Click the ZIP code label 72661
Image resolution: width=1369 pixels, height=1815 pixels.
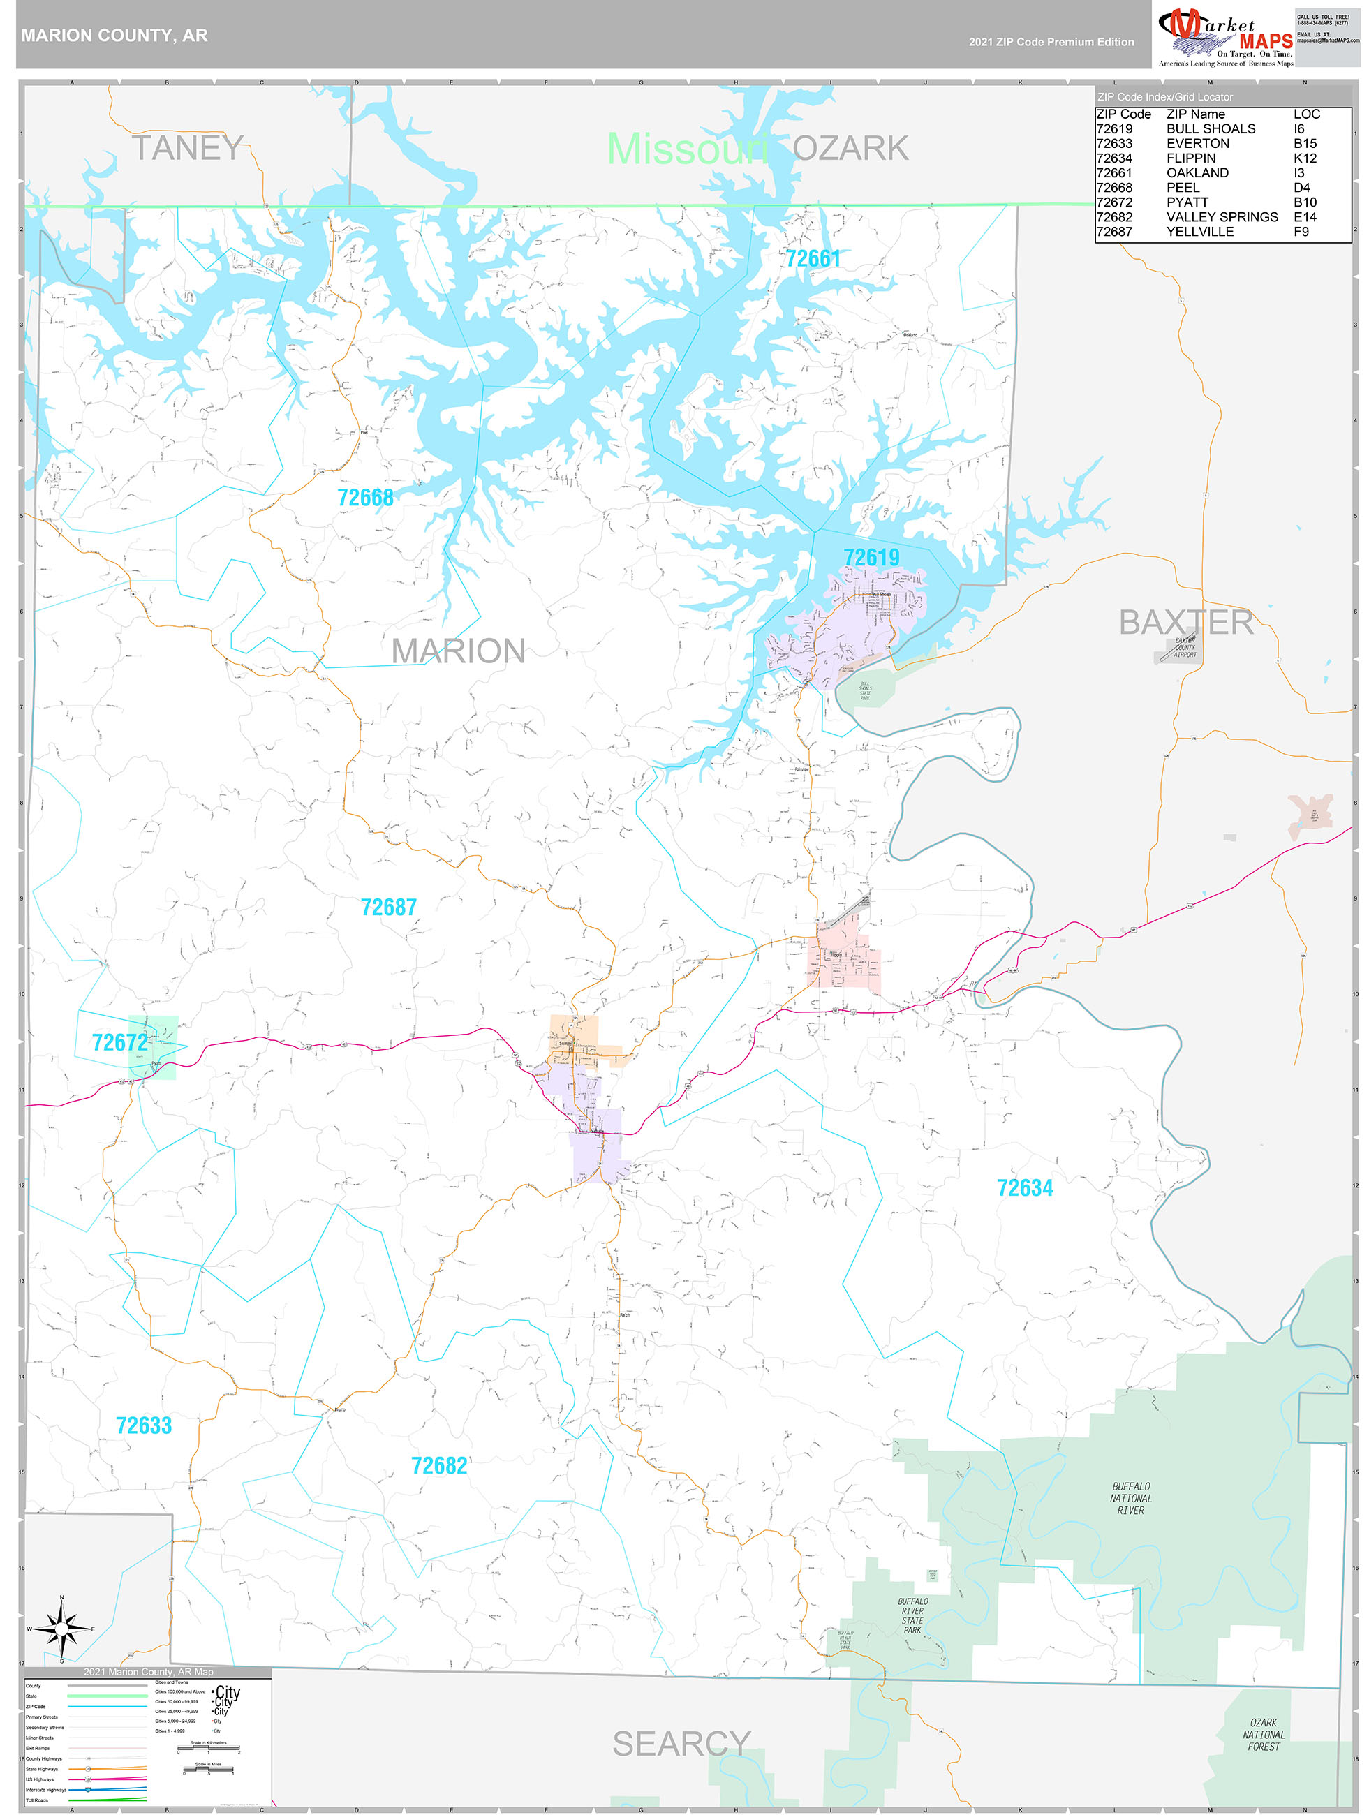[x=813, y=259]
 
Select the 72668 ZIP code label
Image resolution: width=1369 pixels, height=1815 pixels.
[x=365, y=498]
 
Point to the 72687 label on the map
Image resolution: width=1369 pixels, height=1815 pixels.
[x=388, y=907]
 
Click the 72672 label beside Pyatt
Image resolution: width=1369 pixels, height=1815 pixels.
[x=120, y=1043]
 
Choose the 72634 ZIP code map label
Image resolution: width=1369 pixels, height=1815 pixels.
[x=1024, y=1188]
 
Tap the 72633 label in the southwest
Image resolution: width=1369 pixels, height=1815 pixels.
[x=144, y=1425]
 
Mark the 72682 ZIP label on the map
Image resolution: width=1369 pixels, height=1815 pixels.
[x=438, y=1466]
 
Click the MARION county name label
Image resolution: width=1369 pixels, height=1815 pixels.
[x=458, y=651]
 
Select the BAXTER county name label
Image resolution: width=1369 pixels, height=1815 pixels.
[x=1186, y=623]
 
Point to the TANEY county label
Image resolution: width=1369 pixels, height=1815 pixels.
[x=187, y=149]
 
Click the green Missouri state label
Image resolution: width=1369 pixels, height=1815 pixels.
[x=687, y=149]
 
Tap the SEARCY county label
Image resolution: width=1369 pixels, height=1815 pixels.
[x=681, y=1744]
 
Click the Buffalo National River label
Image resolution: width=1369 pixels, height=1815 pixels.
[x=1130, y=1498]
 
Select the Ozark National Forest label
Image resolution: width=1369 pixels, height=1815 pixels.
[x=1263, y=1735]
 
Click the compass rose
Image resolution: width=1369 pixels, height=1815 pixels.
[x=61, y=1629]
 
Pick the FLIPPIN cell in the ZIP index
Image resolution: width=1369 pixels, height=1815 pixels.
[x=1190, y=158]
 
